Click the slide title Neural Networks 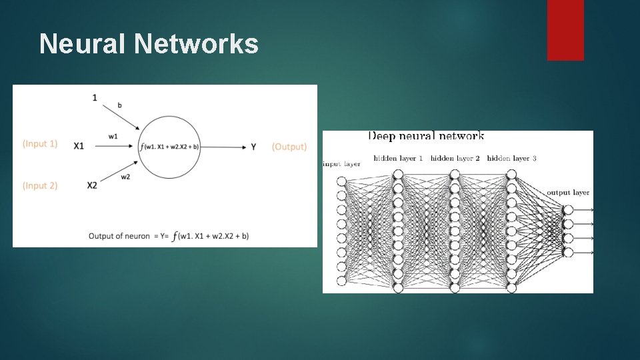point(149,44)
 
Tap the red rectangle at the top point(565,30)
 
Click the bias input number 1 point(95,97)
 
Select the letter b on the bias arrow point(119,105)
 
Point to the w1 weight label point(113,137)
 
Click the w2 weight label point(124,177)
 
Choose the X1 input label point(79,146)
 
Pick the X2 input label point(92,185)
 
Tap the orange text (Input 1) point(40,144)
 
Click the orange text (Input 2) point(40,185)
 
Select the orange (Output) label point(289,147)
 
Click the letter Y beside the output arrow point(253,147)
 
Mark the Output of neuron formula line point(169,235)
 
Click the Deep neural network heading point(426,136)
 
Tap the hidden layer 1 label point(398,158)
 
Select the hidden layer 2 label point(455,158)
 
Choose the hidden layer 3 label point(511,158)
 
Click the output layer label point(568,193)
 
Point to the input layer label point(341,164)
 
